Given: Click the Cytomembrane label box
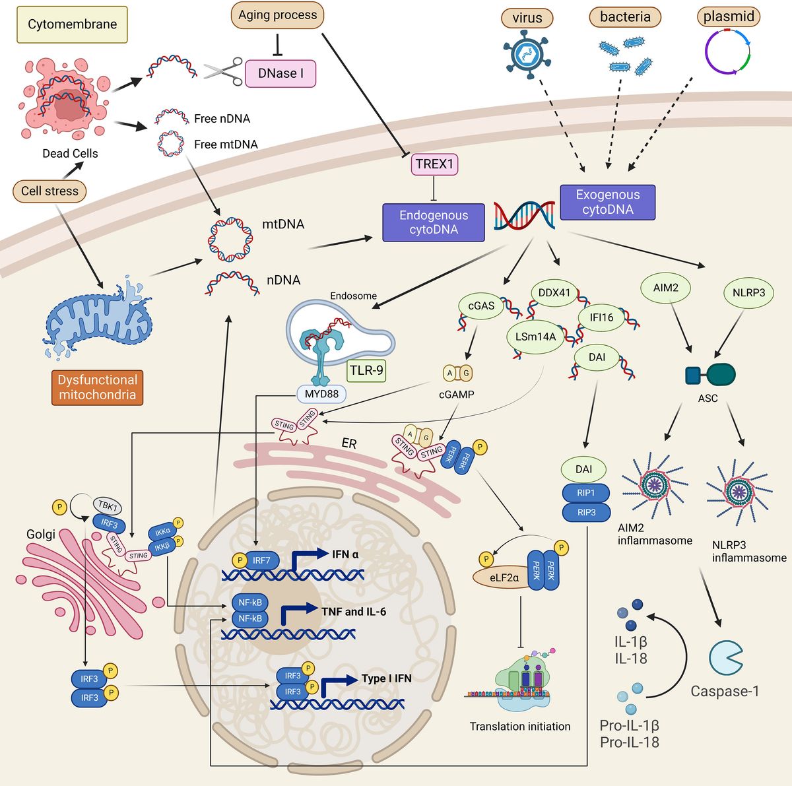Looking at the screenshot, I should [x=72, y=24].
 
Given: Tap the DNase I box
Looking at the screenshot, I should [x=280, y=73].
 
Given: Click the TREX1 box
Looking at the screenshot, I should [x=434, y=164].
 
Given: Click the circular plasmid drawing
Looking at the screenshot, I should [x=728, y=51].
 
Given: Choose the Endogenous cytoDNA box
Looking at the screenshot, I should [x=433, y=222].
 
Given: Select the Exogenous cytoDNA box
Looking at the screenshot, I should [x=607, y=202].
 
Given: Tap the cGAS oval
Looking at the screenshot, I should [x=481, y=306].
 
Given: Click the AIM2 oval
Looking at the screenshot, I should [x=665, y=288].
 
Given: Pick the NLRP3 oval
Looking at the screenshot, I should [x=748, y=292].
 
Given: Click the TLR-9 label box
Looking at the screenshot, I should [x=366, y=370].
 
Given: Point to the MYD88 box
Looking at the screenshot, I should [x=321, y=395].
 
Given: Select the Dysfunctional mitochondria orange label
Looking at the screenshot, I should [x=97, y=387].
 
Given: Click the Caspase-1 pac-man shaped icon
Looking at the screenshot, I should [x=725, y=656].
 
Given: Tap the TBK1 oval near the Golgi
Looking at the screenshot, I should [x=108, y=507].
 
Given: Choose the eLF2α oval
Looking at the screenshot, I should [x=504, y=577].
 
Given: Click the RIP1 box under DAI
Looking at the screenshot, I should [x=585, y=493].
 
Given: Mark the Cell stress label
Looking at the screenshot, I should [x=49, y=191].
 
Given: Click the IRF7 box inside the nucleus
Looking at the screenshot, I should [x=261, y=560].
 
